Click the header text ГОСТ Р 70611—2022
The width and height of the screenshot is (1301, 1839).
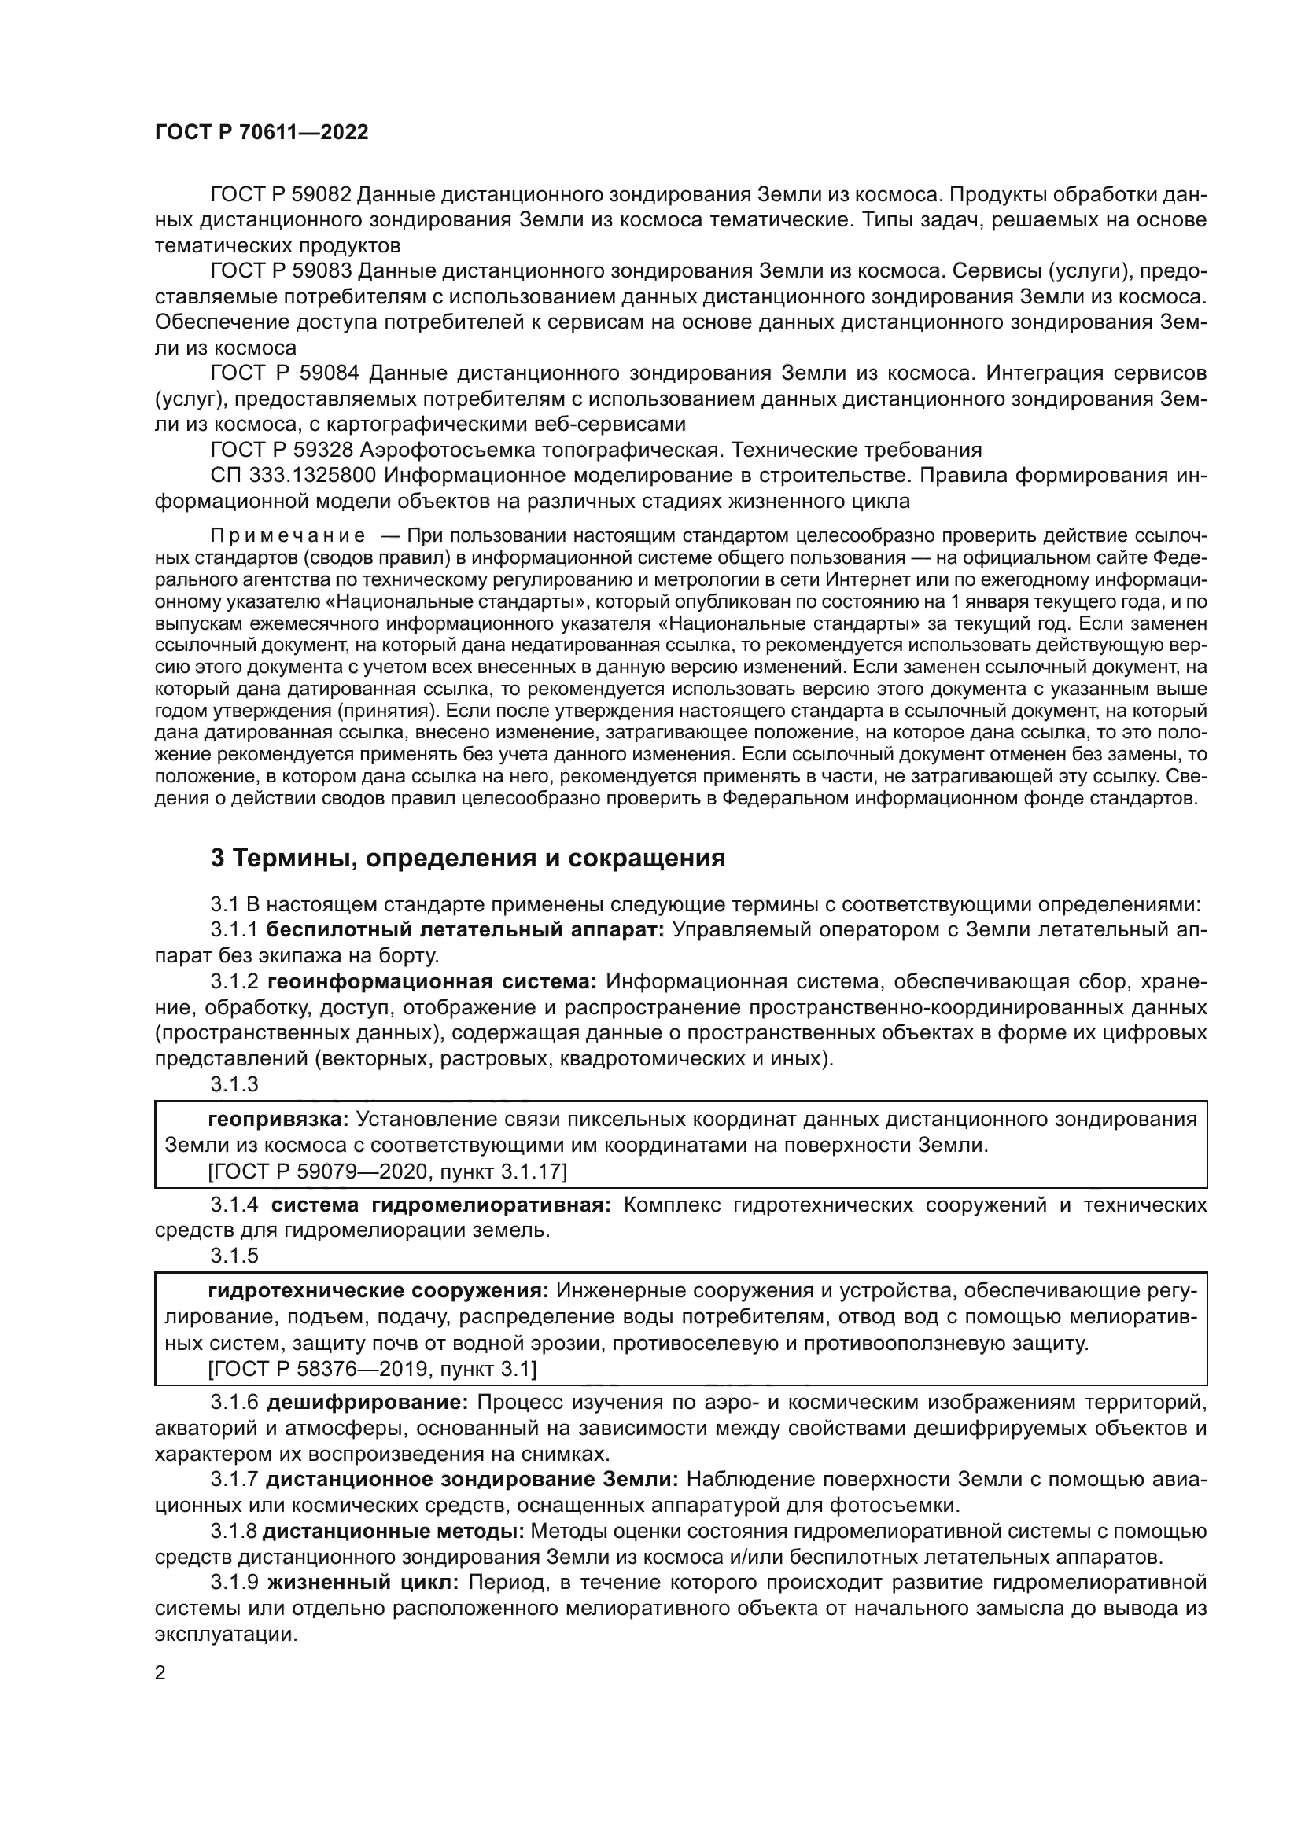(x=261, y=133)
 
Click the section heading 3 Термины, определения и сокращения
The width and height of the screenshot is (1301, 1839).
(x=467, y=859)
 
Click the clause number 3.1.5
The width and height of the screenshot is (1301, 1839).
(x=234, y=1256)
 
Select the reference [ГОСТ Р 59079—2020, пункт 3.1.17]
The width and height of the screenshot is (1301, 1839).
(x=387, y=1171)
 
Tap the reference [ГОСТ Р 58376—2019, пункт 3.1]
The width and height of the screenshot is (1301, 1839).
(x=372, y=1370)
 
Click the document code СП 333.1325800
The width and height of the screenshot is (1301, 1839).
(x=293, y=476)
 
